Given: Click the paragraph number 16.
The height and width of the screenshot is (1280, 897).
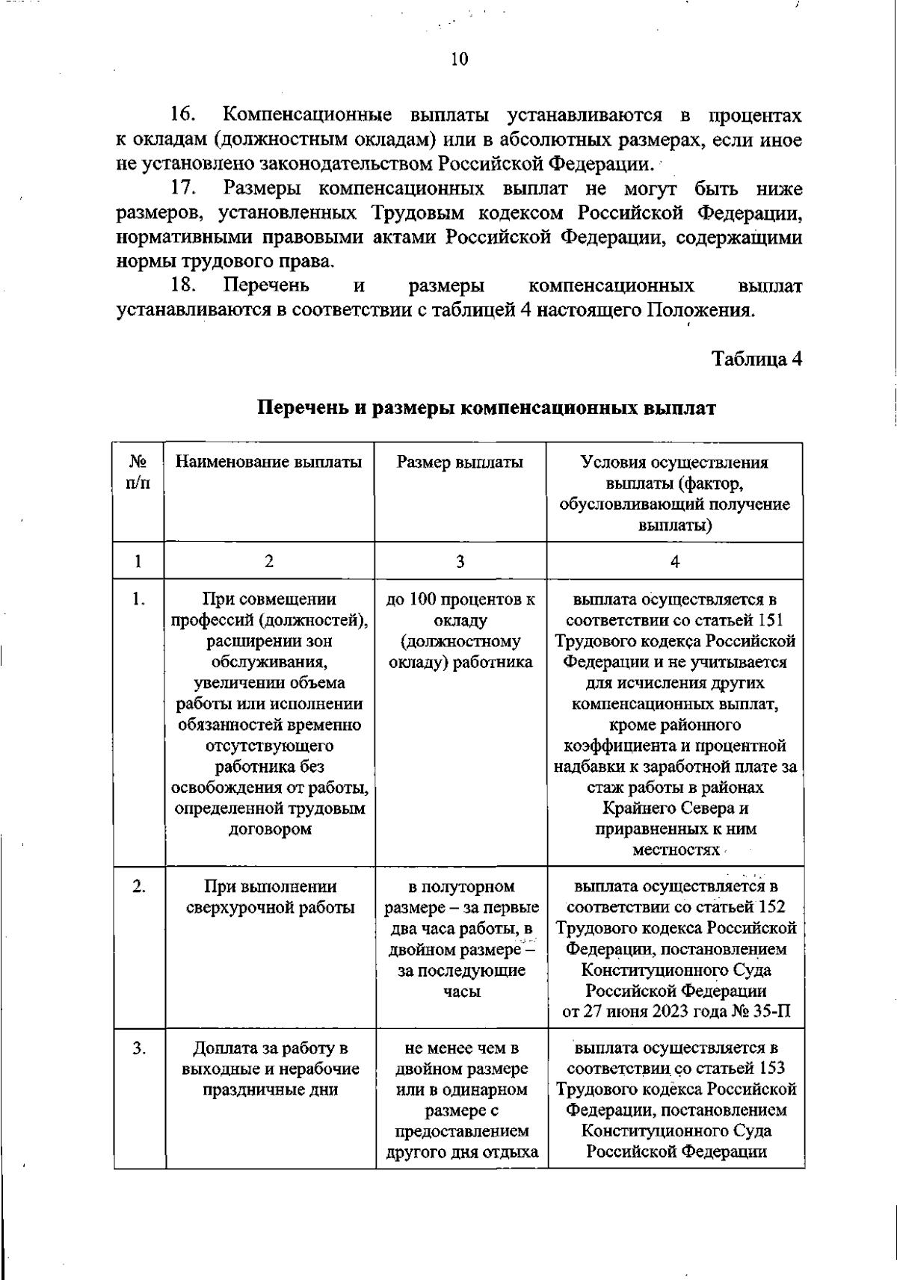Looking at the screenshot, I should [x=182, y=115].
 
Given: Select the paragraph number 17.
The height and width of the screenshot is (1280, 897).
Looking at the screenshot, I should [x=182, y=188].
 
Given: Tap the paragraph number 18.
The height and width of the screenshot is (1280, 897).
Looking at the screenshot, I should [x=182, y=286].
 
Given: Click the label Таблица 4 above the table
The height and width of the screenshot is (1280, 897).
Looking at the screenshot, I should [x=757, y=359].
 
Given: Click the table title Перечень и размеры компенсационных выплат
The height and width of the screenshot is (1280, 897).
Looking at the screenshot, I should [x=487, y=409].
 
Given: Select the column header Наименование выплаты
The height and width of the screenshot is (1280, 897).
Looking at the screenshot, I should [x=269, y=462].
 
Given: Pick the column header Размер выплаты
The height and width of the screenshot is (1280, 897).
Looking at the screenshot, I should [x=460, y=462].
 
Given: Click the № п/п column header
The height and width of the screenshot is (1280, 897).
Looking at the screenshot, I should [x=138, y=472].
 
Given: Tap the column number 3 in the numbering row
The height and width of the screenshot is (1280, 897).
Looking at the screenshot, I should [x=460, y=561].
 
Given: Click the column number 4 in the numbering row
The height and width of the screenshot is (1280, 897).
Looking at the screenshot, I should [x=675, y=561].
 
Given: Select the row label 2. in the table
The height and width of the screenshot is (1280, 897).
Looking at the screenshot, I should [x=138, y=886].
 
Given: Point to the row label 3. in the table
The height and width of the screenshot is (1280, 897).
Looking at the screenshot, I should [x=138, y=1048].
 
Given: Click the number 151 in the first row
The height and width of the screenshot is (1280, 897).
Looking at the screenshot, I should [x=770, y=620].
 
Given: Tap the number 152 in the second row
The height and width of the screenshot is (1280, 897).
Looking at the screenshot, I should [x=771, y=907].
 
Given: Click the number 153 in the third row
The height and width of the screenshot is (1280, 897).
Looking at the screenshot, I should [x=771, y=1069].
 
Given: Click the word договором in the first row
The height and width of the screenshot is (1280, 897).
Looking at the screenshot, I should [x=269, y=829].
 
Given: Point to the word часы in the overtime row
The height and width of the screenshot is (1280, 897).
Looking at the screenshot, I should [x=460, y=992].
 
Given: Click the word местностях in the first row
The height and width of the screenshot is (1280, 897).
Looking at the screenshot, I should [x=675, y=850].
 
